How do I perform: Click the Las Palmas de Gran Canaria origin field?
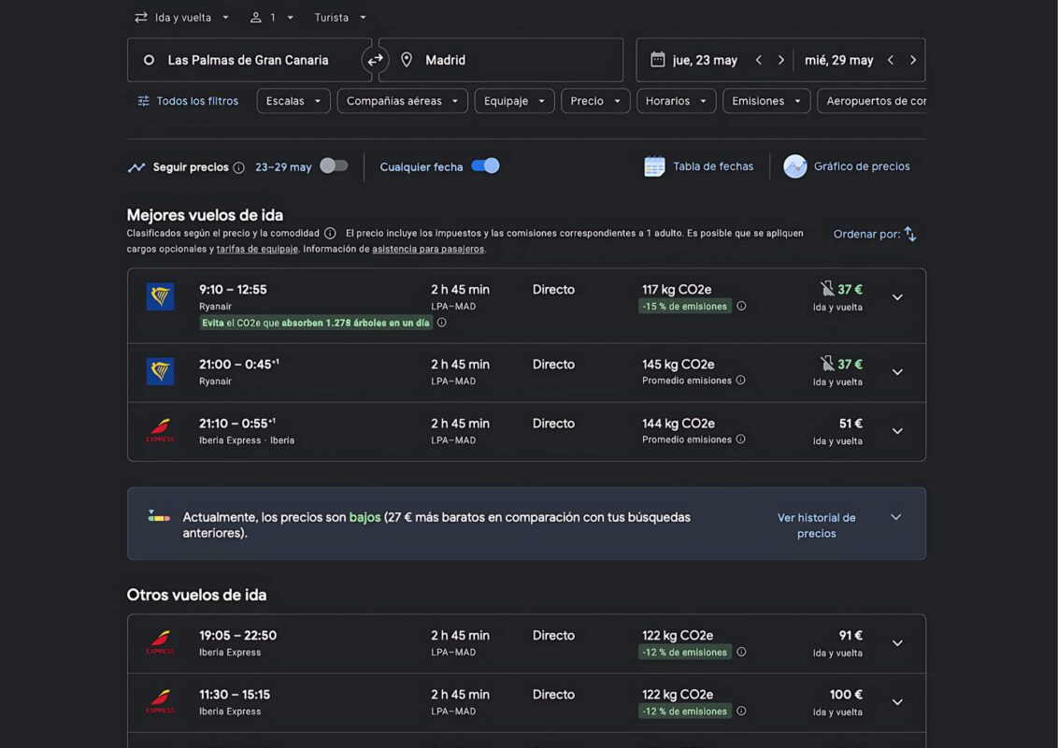pos(249,60)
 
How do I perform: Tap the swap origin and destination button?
pos(375,60)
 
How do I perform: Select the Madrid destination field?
pos(501,60)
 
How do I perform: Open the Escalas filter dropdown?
pos(293,101)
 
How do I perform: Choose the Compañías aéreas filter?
pos(402,101)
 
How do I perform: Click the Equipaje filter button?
pos(514,101)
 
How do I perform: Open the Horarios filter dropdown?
pos(676,101)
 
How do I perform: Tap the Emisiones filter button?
pos(766,101)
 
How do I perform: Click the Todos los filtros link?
pos(188,101)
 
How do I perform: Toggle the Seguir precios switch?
pos(334,166)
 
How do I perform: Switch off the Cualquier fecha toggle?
pos(485,166)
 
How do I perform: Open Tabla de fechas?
pos(699,166)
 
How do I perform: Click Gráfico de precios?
pos(847,166)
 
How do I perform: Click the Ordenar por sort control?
pos(875,235)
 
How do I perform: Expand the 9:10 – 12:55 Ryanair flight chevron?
pos(897,297)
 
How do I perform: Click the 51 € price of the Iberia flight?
pos(851,424)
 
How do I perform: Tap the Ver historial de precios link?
pos(817,525)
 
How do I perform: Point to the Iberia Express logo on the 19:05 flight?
pos(160,642)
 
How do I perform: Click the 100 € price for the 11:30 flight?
pos(846,695)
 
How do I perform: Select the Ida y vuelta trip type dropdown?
pos(182,18)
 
